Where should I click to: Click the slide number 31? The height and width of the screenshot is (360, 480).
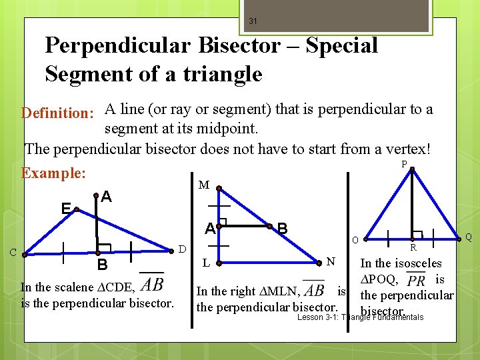(253, 21)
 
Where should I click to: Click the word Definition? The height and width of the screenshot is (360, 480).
(57, 113)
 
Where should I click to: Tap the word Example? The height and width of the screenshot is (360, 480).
(53, 173)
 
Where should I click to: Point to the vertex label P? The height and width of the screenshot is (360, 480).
(404, 164)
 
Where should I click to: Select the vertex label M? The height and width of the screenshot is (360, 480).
(204, 184)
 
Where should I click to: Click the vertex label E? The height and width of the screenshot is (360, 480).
(66, 209)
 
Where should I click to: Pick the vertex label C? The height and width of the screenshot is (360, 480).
(13, 252)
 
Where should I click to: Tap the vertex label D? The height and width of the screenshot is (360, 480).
(182, 249)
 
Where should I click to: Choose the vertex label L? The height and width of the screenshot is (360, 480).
(206, 263)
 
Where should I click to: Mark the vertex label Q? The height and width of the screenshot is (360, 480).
(469, 237)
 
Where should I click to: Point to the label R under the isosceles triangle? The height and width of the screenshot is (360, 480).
(413, 248)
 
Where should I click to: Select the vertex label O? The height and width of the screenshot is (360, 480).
(355, 240)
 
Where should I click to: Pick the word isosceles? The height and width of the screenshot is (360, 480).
(417, 263)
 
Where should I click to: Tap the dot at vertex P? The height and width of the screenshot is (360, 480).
(413, 169)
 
